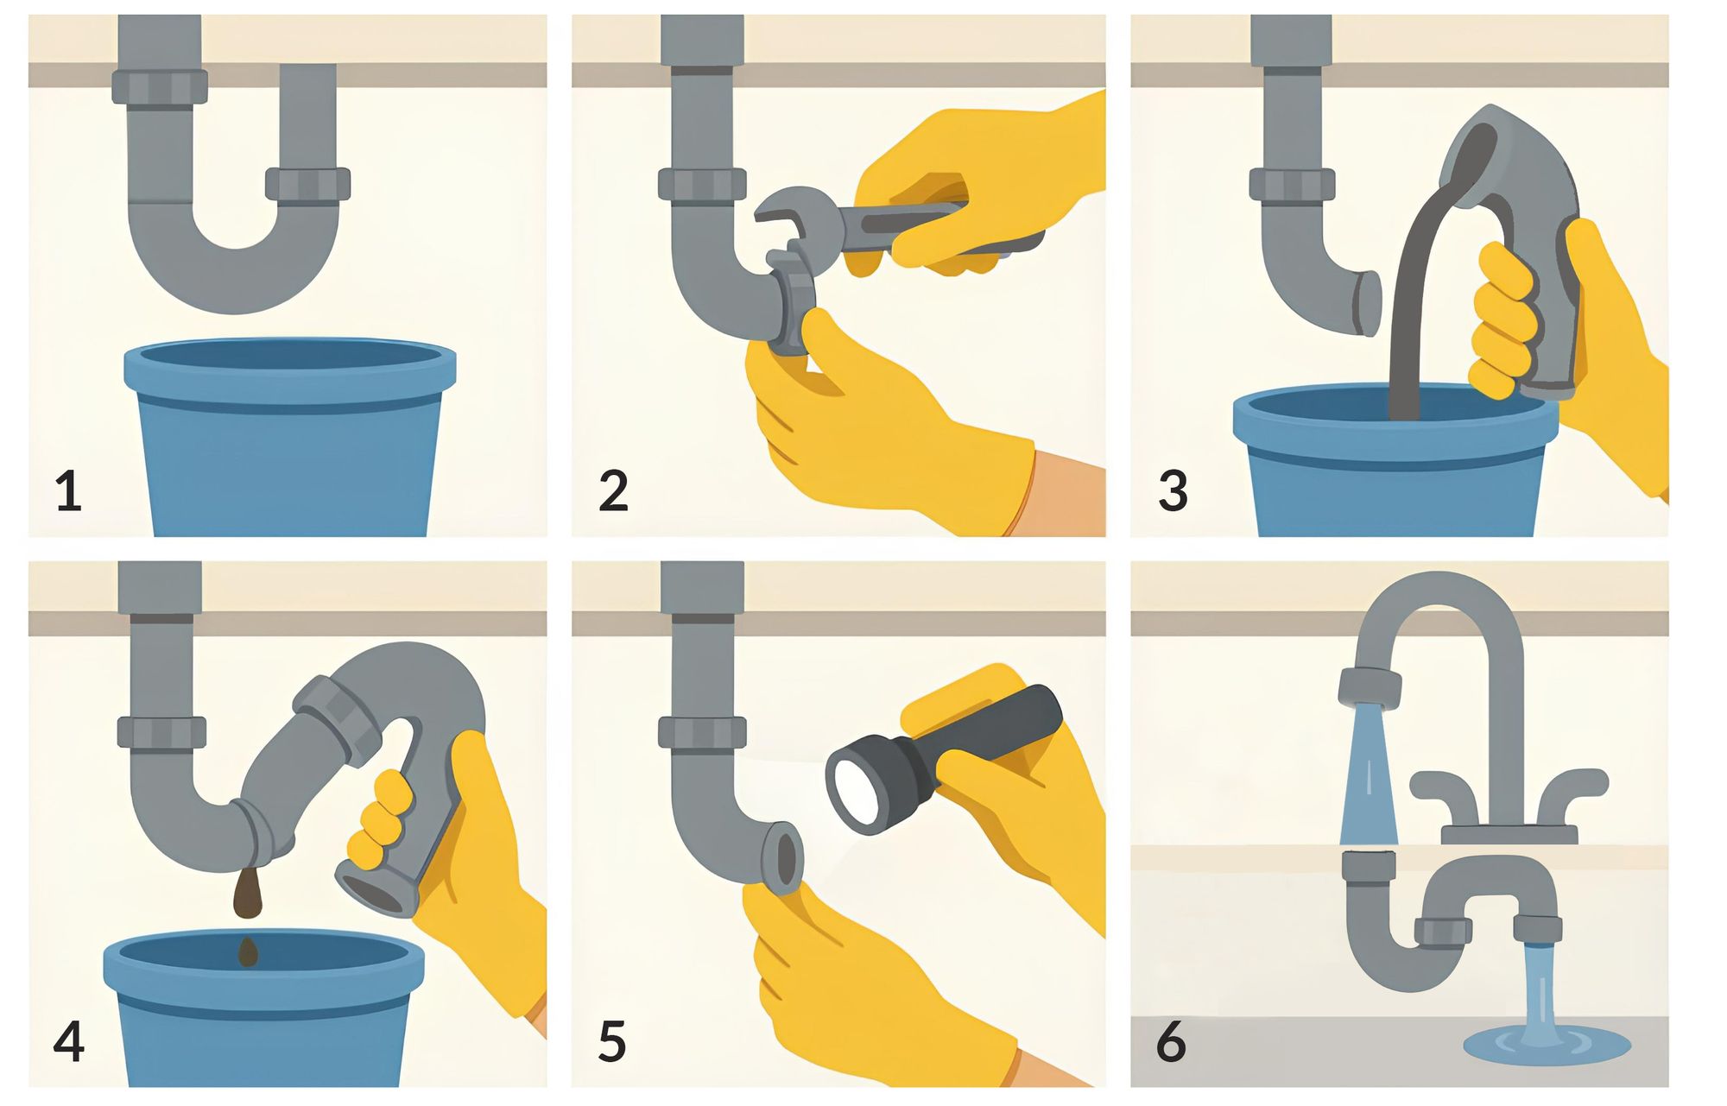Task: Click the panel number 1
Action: [x=68, y=492]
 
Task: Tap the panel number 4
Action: [x=68, y=1041]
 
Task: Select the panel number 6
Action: [x=1171, y=1041]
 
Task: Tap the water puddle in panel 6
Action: [x=1546, y=1043]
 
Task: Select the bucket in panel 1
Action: [x=289, y=449]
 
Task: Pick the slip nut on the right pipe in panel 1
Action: [x=307, y=184]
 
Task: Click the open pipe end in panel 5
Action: [x=785, y=860]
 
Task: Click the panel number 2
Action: [x=613, y=492]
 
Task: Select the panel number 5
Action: [x=611, y=1041]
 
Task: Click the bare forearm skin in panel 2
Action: [x=1066, y=501]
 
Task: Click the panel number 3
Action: [x=1173, y=492]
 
